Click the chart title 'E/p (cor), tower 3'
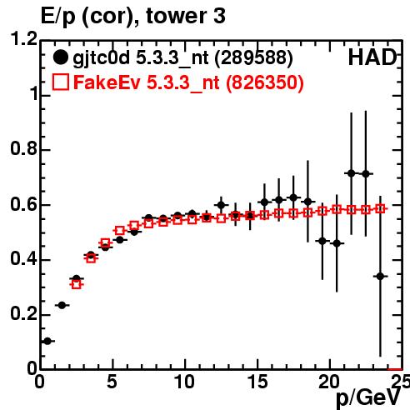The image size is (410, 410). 132,16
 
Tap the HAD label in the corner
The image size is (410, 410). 372,57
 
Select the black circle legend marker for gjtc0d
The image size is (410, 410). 60,57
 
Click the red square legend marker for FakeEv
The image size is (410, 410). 60,82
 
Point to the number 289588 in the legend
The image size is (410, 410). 254,57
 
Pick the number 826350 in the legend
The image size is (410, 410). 265,82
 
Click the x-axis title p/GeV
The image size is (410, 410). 368,398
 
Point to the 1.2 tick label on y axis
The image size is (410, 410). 24,39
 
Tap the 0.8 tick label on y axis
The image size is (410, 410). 24,148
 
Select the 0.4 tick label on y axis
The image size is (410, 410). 24,259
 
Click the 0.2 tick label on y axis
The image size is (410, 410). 24,314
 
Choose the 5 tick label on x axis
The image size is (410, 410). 112,382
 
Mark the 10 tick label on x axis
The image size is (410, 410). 185,382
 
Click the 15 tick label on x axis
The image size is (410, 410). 257,382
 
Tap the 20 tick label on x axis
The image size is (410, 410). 329,382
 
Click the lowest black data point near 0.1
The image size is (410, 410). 47,341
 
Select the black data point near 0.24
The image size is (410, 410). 62,305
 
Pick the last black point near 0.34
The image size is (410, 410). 380,277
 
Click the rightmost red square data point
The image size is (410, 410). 380,209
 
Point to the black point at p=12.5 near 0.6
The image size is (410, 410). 221,205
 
